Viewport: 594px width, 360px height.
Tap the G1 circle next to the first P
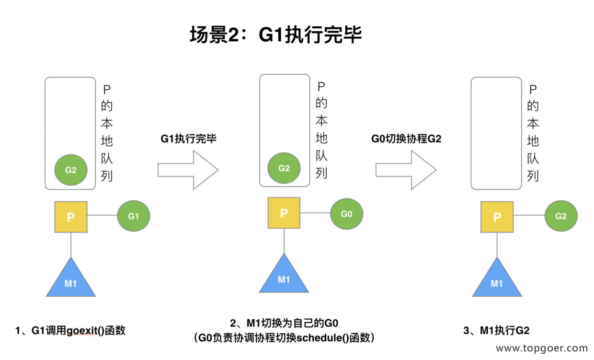134,216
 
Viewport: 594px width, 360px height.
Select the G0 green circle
346,214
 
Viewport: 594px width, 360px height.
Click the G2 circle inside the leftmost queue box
70,170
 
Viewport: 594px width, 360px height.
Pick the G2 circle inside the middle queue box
284,168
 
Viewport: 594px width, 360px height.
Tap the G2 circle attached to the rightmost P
561,216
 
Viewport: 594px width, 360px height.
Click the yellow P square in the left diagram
71,217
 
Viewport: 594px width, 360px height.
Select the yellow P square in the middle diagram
284,213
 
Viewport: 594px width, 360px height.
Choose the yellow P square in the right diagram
497,217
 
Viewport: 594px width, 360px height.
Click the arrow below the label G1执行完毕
188,170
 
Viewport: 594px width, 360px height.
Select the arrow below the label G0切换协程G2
406,170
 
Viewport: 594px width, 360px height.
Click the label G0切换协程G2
406,139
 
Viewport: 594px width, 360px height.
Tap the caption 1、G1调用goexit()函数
70,330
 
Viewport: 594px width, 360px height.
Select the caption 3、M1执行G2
496,330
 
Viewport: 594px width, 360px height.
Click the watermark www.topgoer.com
541,348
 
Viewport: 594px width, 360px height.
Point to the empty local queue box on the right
496,133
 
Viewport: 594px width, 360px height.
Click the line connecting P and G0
315,214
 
